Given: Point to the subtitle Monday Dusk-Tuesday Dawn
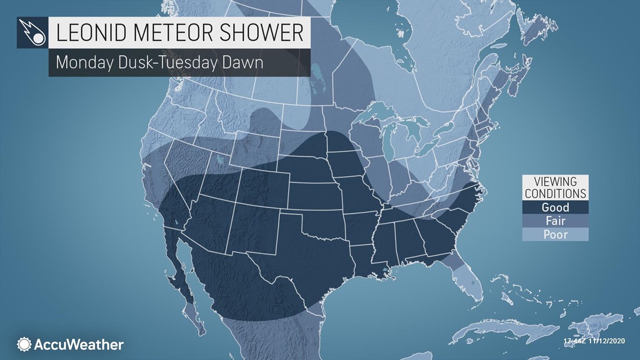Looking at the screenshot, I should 159,62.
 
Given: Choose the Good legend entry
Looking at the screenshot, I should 555,207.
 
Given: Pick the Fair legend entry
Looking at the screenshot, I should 555,221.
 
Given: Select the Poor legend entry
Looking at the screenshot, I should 555,234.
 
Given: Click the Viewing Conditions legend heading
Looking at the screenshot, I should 555,188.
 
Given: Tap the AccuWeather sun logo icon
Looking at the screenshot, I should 24,344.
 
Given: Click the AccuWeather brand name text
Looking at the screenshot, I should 79,344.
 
